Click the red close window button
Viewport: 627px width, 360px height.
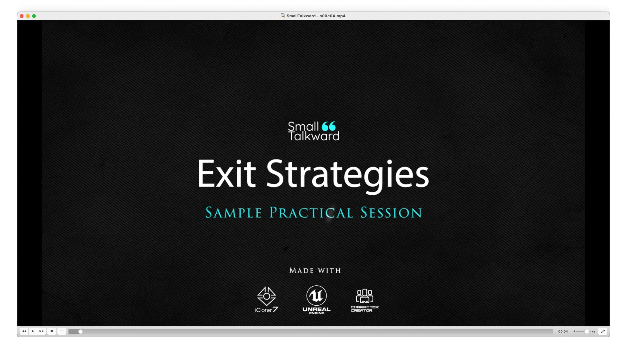pos(22,16)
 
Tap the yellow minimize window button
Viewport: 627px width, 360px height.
pos(28,16)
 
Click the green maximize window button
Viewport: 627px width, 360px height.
pos(34,16)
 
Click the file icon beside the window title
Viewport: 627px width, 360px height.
pos(283,16)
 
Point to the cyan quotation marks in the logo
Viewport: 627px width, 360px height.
pos(329,126)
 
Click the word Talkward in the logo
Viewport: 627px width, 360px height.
pos(314,136)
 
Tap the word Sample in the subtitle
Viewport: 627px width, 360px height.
pos(234,213)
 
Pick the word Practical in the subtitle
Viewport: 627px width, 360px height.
pos(311,213)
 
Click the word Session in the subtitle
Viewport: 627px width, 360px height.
pos(391,213)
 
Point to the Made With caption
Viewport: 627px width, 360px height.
pos(315,271)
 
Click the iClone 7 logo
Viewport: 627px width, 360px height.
pos(267,300)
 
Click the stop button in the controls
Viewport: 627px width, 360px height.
pos(52,331)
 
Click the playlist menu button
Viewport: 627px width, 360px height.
pos(62,331)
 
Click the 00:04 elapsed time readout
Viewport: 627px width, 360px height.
pos(563,332)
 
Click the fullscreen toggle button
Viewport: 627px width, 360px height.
pos(603,332)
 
